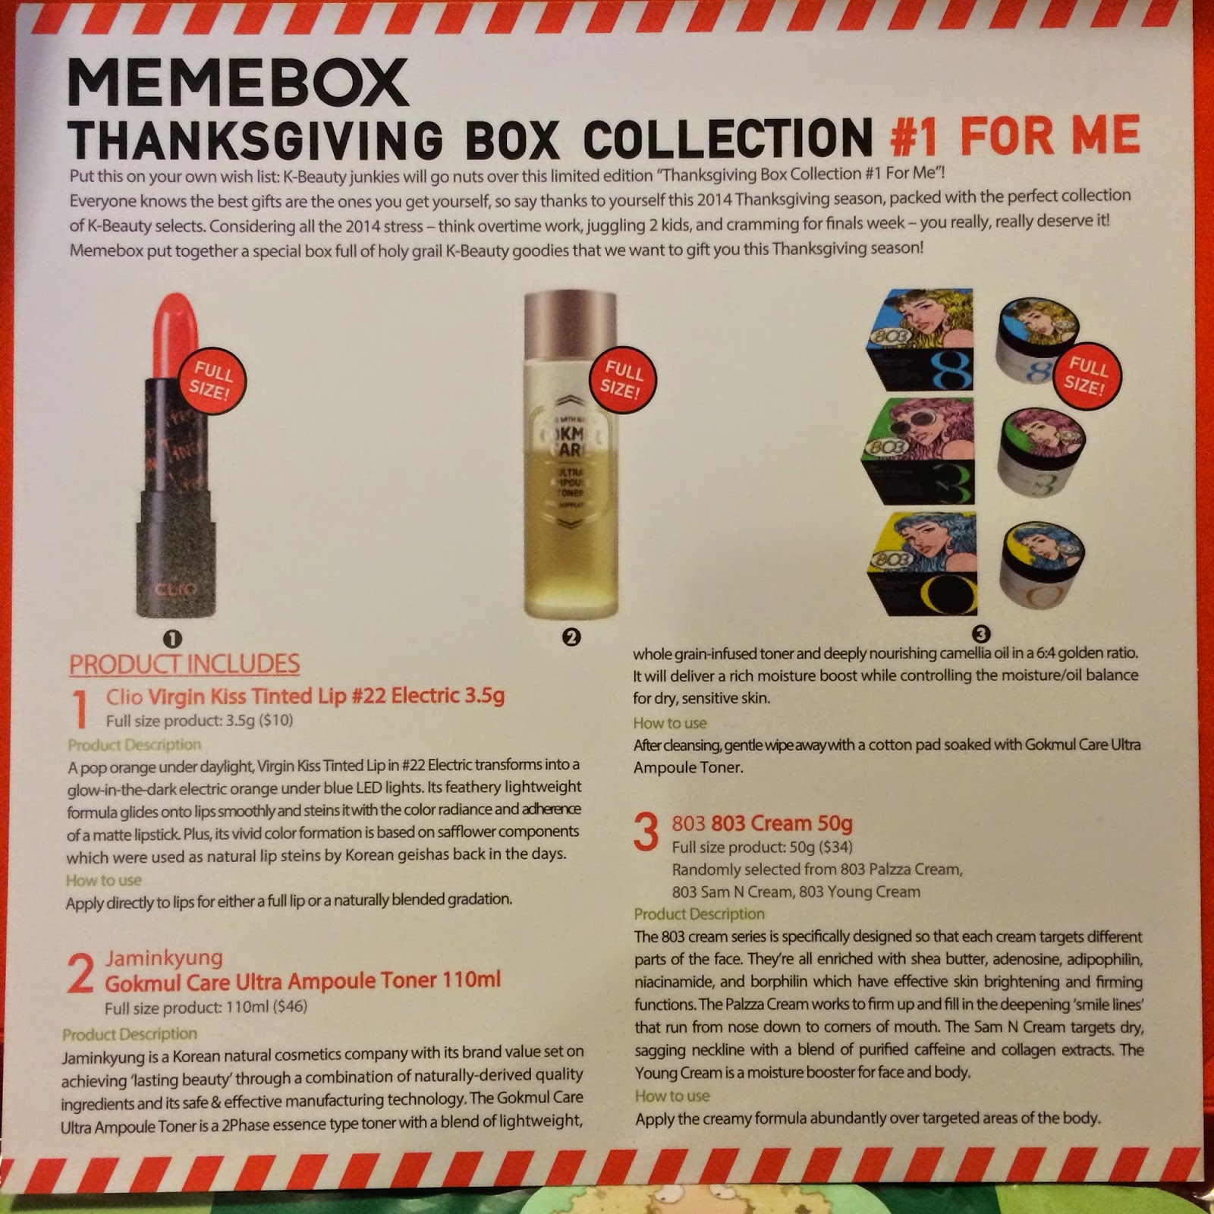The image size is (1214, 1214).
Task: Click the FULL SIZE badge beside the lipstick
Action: [x=212, y=381]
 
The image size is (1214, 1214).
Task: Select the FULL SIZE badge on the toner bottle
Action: [x=622, y=379]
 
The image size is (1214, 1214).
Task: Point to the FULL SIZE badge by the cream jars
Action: [x=1086, y=376]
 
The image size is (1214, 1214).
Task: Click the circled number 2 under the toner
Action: [x=571, y=637]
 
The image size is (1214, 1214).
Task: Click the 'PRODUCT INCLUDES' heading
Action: [x=184, y=664]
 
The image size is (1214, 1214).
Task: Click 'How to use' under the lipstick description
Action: [x=103, y=880]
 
